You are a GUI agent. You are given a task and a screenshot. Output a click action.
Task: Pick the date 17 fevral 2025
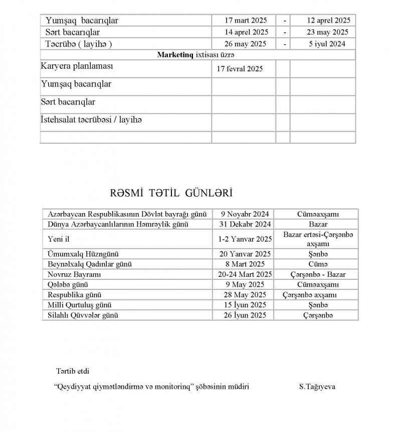240,69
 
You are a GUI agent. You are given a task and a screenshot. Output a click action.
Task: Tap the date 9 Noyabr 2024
243,213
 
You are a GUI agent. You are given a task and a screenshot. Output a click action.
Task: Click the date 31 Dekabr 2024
243,224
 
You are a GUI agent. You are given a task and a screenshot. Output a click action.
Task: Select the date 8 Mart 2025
243,264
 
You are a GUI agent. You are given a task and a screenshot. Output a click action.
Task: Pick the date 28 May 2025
243,295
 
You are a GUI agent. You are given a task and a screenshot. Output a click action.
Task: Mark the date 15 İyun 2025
243,305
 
